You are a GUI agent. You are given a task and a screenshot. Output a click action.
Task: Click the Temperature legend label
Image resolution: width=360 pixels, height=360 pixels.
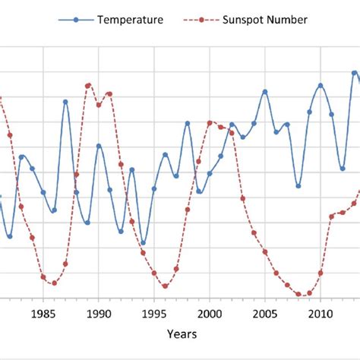click(130, 20)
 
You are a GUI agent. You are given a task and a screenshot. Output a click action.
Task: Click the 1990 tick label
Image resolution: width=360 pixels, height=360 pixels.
click(99, 311)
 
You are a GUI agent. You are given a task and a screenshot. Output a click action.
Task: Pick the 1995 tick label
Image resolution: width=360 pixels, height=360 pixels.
click(154, 311)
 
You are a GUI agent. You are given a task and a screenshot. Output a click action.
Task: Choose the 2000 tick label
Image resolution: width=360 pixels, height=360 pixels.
click(210, 311)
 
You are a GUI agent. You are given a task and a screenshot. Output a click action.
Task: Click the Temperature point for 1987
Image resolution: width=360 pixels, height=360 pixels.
click(65, 101)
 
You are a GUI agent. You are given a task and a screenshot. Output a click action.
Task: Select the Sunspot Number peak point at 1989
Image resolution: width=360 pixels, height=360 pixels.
click(87, 86)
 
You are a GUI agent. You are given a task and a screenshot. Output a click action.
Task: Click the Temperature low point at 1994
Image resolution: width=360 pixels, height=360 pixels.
click(143, 243)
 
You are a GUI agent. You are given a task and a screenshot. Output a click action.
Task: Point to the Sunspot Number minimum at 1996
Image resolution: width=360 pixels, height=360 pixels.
click(165, 286)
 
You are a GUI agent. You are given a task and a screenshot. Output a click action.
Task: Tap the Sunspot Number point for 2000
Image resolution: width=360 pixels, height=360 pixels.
click(210, 122)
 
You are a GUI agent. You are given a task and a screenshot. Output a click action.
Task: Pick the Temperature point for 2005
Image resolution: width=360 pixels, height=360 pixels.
click(265, 92)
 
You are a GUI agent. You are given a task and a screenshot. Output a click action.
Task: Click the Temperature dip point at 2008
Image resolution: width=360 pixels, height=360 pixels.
click(298, 185)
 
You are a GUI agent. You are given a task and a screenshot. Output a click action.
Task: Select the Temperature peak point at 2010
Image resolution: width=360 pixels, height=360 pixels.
click(321, 85)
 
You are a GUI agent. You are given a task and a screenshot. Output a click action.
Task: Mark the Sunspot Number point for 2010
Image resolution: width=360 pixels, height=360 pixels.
click(321, 272)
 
